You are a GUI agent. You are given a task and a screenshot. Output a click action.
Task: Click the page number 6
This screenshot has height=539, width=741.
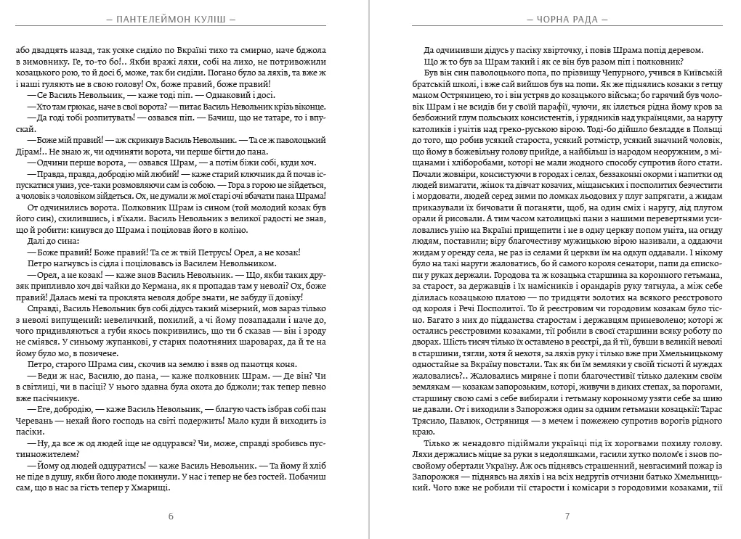pyautogui.click(x=171, y=517)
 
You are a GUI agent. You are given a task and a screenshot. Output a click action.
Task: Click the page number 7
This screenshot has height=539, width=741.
pyautogui.click(x=567, y=517)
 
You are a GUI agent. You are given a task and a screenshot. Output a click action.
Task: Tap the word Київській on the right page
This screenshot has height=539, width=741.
pyautogui.click(x=701, y=73)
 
